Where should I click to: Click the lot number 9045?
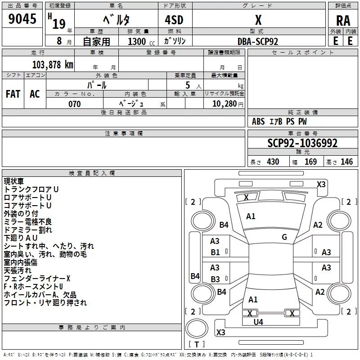(22, 19)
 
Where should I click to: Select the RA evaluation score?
(343, 20)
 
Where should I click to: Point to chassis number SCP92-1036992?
(302, 143)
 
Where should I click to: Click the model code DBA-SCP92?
(258, 41)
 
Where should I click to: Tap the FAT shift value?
(13, 94)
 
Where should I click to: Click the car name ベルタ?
(116, 20)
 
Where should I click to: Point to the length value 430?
(273, 162)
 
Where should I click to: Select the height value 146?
(346, 162)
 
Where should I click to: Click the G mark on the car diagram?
(284, 237)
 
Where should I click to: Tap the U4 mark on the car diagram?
(258, 322)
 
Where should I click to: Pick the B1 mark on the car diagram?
(216, 252)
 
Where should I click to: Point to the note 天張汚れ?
(18, 270)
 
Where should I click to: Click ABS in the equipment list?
(258, 121)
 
